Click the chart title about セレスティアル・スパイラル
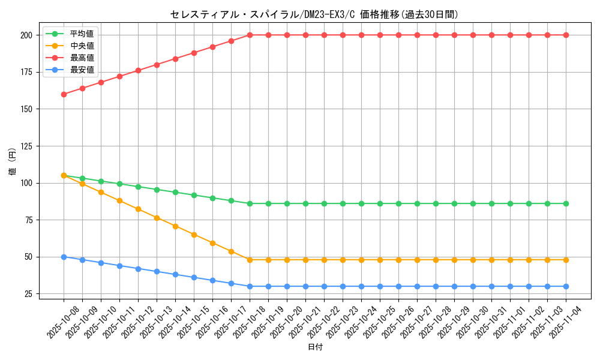click(x=314, y=15)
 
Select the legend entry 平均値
click(x=82, y=34)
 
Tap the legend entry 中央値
click(x=82, y=46)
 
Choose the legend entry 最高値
click(x=82, y=58)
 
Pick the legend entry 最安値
click(x=82, y=70)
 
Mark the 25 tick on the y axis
click(x=28, y=294)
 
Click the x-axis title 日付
click(x=315, y=347)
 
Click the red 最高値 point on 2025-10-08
click(x=64, y=94)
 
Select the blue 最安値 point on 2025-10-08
click(x=64, y=257)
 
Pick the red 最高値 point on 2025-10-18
click(x=250, y=35)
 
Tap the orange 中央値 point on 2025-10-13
click(x=157, y=218)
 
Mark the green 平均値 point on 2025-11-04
click(x=566, y=203)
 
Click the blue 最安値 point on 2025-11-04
click(x=566, y=286)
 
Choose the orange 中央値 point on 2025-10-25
click(x=380, y=260)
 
